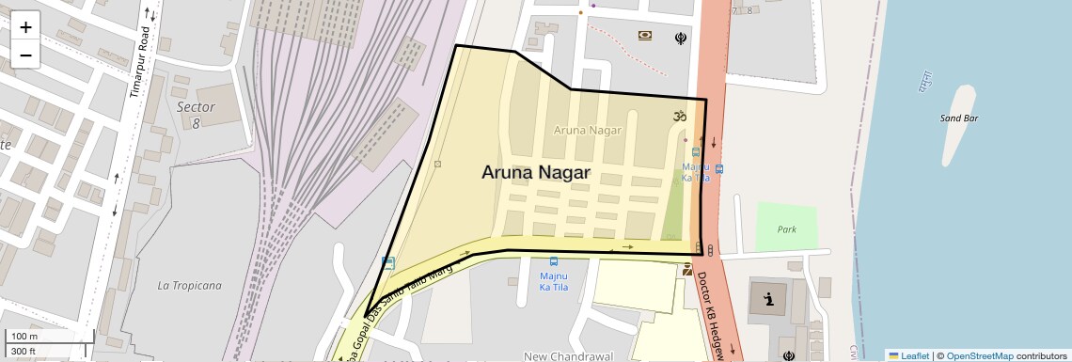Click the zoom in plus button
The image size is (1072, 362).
pyautogui.click(x=25, y=26)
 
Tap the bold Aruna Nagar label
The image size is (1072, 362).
pyautogui.click(x=535, y=173)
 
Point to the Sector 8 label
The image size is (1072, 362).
pyautogui.click(x=196, y=114)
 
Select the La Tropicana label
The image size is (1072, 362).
pyautogui.click(x=190, y=285)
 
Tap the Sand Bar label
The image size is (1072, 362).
pyautogui.click(x=959, y=118)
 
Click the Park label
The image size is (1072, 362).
pyautogui.click(x=786, y=229)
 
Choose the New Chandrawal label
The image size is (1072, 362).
pyautogui.click(x=568, y=356)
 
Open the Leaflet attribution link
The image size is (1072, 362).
pyautogui.click(x=908, y=355)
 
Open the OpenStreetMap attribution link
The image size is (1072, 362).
pyautogui.click(x=979, y=355)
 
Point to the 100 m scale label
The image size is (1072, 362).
pyautogui.click(x=24, y=337)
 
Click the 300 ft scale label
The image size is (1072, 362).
pyautogui.click(x=24, y=352)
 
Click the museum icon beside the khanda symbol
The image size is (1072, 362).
pyautogui.click(x=645, y=36)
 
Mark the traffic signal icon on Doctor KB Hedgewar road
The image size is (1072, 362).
pyautogui.click(x=710, y=250)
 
